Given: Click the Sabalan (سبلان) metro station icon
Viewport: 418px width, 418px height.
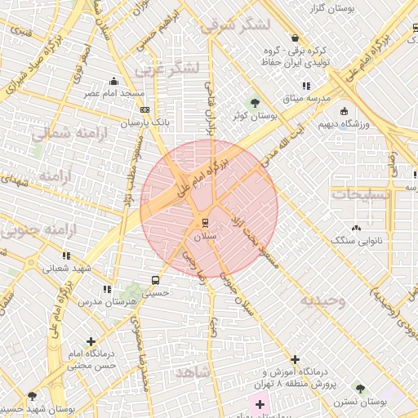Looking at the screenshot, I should click(x=205, y=222).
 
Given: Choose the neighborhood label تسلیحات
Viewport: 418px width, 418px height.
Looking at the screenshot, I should click(x=362, y=194).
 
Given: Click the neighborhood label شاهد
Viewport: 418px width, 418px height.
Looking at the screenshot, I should click(x=192, y=371).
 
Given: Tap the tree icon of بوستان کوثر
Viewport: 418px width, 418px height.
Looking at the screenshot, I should click(x=256, y=103).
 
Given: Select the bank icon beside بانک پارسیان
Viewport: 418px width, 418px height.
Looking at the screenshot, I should click(x=145, y=109).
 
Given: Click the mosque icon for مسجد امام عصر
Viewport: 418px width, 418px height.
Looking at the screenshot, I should click(x=113, y=81).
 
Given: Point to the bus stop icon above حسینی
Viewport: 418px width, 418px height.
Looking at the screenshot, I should click(x=155, y=278).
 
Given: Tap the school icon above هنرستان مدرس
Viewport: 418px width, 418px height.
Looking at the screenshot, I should click(x=107, y=289).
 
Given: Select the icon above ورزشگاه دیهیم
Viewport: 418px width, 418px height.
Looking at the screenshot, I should click(x=344, y=111).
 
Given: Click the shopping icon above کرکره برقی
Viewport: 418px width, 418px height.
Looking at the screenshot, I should click(x=294, y=38).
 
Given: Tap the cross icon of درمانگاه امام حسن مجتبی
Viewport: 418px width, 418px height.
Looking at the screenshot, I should click(x=90, y=341).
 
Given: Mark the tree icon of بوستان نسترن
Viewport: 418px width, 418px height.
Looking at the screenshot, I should click(x=360, y=389).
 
